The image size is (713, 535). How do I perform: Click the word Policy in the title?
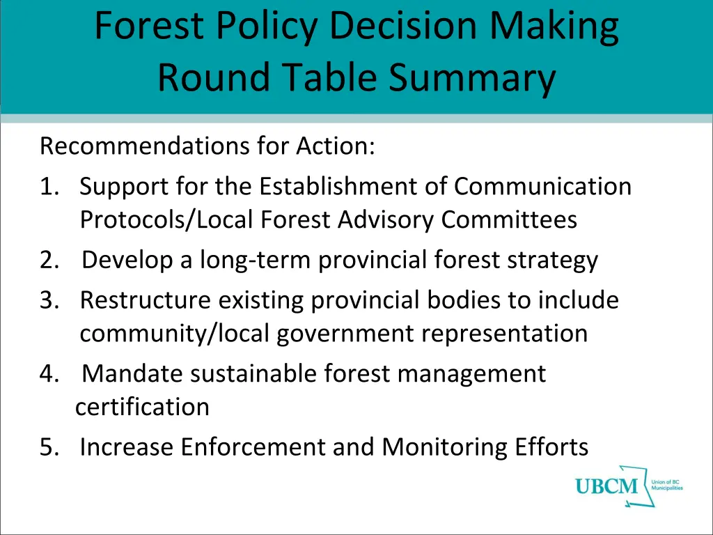pyautogui.click(x=262, y=26)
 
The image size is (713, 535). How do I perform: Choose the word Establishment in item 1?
pyautogui.click(x=354, y=187)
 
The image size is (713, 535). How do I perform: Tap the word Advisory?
pyautogui.click(x=386, y=220)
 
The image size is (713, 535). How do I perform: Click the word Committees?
pyautogui.click(x=509, y=220)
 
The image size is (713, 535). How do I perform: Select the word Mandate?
pyautogui.click(x=133, y=374)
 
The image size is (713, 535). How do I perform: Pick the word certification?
pyautogui.click(x=142, y=407)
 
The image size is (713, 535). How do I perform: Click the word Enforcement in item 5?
pyautogui.click(x=253, y=447)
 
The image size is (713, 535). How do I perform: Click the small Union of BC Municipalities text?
pyautogui.click(x=666, y=486)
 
